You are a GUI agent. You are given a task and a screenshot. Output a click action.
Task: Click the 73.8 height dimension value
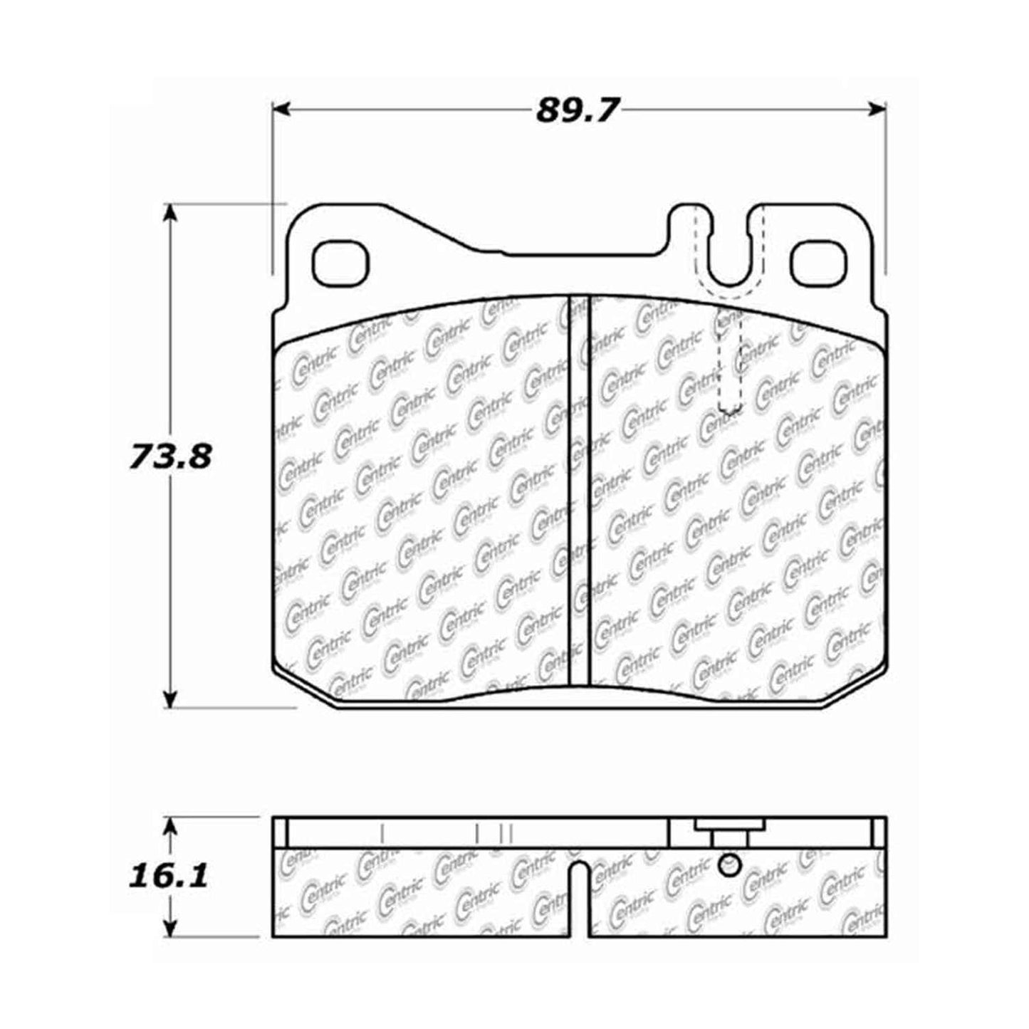tap(170, 456)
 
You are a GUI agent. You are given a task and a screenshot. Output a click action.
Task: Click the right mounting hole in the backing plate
tap(819, 263)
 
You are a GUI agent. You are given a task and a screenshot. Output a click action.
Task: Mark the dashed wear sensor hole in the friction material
tap(731, 363)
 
